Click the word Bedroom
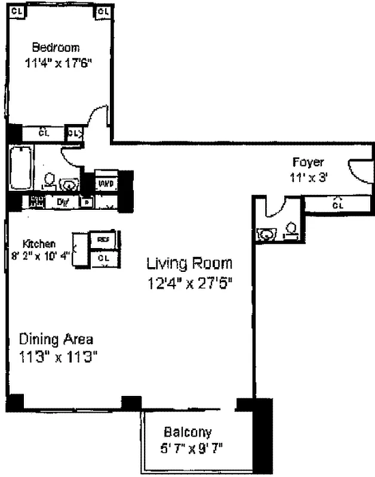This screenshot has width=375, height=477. tap(56, 47)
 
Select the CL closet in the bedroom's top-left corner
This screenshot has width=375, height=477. tap(17, 11)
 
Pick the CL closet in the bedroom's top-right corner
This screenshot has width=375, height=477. tap(102, 11)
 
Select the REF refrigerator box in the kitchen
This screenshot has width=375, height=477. tap(103, 239)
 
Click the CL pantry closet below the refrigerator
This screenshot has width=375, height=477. tap(103, 258)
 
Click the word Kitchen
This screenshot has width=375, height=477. tap(39, 244)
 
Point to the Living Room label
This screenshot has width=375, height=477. tap(189, 263)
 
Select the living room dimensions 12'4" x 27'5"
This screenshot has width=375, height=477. tap(189, 283)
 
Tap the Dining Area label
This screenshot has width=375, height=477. tap(56, 339)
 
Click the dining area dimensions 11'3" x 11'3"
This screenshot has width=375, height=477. tap(58, 357)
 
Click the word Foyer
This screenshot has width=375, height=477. tap(308, 162)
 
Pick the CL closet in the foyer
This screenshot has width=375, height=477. tap(338, 205)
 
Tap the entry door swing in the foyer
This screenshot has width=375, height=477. tap(358, 171)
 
